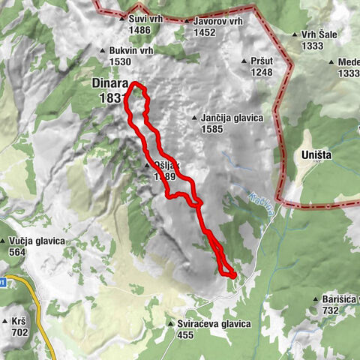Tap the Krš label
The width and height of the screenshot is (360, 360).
click(18, 320)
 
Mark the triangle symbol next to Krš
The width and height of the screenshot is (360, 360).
click(6, 320)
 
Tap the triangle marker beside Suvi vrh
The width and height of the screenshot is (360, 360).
click(122, 18)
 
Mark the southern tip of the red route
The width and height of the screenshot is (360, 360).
click(232, 276)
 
